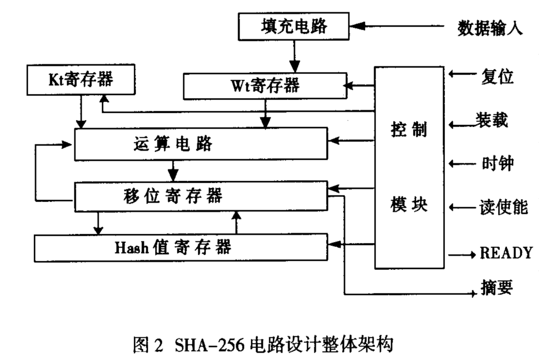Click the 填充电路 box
294,26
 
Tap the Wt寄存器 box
265,86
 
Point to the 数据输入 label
490,28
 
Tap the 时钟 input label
497,163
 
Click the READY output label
506,253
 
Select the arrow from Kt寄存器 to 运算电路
80,113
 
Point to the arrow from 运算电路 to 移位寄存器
173,170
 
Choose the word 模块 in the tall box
409,204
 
